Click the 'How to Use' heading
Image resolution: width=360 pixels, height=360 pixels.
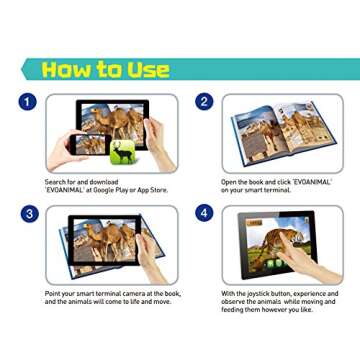pos(105,69)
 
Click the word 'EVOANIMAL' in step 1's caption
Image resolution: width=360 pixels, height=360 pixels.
pos(62,189)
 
